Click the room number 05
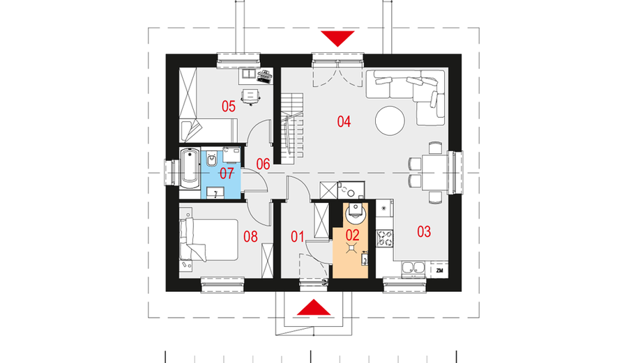(228, 106)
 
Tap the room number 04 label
(344, 121)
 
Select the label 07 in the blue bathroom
(227, 173)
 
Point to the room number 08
(251, 236)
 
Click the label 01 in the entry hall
(298, 236)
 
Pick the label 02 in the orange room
(353, 235)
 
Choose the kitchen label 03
(424, 231)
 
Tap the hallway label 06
(264, 164)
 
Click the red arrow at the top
(337, 39)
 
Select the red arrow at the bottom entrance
(314, 307)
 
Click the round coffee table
(390, 121)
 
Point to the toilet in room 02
(356, 213)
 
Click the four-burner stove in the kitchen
(386, 238)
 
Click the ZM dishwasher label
(439, 270)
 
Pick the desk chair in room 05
(251, 97)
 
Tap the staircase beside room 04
(292, 129)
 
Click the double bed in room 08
(209, 240)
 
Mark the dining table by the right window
(435, 173)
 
